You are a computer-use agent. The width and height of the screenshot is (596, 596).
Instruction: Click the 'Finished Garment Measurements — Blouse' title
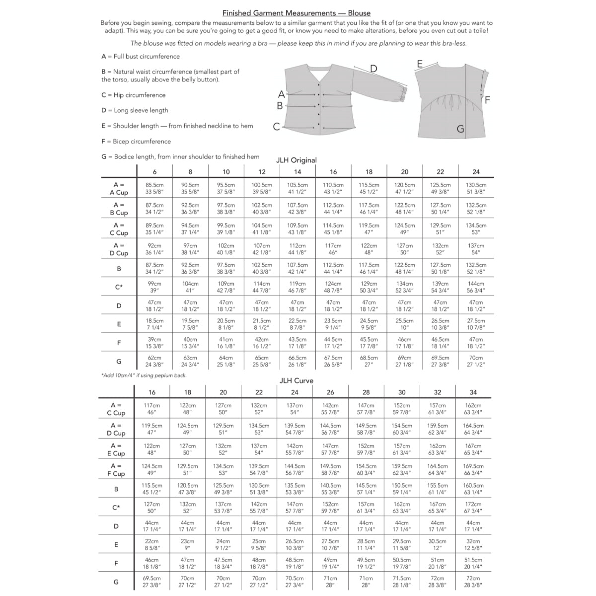click(x=296, y=13)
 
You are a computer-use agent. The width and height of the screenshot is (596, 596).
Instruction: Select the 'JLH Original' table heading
click(x=297, y=160)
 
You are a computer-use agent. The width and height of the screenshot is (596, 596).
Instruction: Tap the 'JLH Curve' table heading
click(x=296, y=380)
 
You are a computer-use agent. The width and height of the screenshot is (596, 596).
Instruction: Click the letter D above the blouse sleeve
click(x=373, y=69)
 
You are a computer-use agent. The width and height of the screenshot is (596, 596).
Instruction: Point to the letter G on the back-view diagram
click(x=460, y=129)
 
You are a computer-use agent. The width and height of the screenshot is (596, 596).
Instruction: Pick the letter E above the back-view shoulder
click(x=420, y=64)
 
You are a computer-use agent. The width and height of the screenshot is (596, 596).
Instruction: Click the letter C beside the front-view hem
click(x=277, y=127)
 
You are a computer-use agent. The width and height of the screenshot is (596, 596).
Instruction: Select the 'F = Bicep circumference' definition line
click(x=136, y=142)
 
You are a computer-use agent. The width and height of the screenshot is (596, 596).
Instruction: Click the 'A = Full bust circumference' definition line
click(x=140, y=57)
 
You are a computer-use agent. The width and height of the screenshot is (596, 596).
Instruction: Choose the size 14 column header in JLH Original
click(x=298, y=172)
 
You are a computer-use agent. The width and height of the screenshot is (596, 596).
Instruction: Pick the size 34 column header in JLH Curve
click(x=473, y=392)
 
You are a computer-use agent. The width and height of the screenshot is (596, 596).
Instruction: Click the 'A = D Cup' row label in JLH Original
click(x=119, y=249)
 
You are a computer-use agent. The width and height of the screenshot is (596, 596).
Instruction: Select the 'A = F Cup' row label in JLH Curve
click(x=116, y=470)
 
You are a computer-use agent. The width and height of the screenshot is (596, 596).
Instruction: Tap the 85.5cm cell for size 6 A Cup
click(x=154, y=188)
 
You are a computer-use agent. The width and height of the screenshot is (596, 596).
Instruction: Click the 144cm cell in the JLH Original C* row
click(x=476, y=287)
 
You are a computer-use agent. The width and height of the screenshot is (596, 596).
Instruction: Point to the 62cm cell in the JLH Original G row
click(x=154, y=361)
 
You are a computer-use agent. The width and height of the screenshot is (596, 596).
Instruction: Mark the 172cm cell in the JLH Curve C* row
click(x=473, y=508)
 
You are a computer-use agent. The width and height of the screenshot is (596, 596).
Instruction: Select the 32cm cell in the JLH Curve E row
click(x=473, y=545)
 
